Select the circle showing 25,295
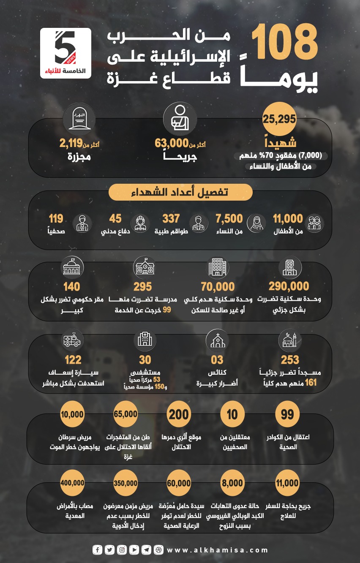tap(279, 119)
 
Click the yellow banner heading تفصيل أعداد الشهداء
tap(180, 193)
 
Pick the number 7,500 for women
tap(229, 219)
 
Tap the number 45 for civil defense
tap(115, 219)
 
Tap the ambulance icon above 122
tap(72, 340)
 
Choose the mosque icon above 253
tap(290, 340)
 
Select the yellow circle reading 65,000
tap(125, 414)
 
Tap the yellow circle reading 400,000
tap(73, 483)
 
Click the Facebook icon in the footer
tap(98, 550)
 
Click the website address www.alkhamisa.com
tap(218, 550)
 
